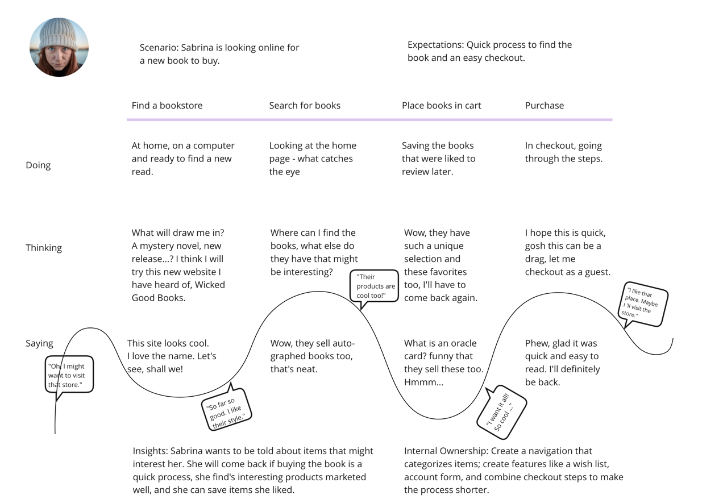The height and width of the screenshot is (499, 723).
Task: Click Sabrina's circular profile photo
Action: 59,47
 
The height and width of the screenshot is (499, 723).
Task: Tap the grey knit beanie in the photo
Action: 59,33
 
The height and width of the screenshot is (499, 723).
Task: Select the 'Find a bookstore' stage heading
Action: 167,106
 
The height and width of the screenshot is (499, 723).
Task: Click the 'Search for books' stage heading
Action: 305,106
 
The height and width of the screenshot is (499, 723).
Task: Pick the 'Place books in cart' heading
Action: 441,106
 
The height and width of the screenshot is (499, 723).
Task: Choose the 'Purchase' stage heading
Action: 544,106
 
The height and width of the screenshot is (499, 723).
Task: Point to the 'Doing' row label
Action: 38,165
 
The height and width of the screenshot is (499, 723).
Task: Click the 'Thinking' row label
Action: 44,248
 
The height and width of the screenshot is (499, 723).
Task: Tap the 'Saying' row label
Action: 39,343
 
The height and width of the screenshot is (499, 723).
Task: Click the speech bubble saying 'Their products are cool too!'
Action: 375,286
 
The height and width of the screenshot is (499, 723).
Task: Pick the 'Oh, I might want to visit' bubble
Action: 69,375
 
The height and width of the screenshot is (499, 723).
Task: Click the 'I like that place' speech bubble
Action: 643,305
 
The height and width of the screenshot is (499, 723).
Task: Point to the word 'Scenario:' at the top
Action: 159,48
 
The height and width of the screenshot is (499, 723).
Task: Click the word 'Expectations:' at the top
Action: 436,45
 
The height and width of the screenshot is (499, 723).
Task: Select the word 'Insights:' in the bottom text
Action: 150,451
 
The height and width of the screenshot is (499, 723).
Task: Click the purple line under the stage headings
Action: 369,120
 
